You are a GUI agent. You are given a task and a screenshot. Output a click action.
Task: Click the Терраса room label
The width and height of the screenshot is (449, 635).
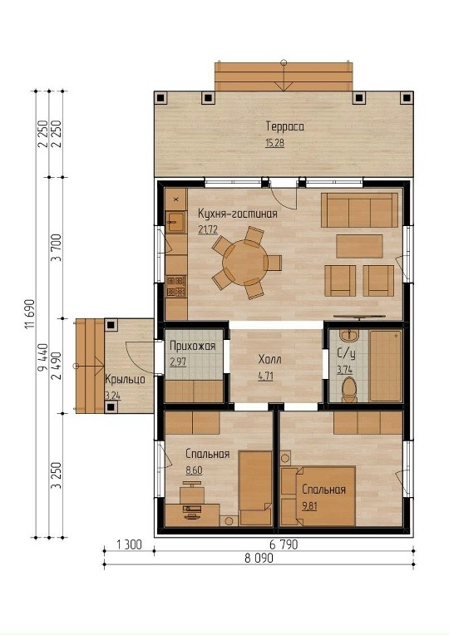click(x=285, y=126)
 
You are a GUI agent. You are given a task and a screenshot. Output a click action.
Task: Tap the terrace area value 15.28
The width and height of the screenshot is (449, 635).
click(x=274, y=143)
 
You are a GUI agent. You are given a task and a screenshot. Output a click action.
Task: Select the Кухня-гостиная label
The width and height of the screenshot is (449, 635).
click(x=238, y=214)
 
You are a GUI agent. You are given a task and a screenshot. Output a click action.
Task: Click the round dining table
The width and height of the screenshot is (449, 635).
click(x=244, y=262)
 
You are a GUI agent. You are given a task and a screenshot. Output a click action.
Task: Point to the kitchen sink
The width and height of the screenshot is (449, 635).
click(x=175, y=222)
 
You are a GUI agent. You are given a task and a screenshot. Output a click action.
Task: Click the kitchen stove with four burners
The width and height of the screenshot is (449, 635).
click(x=176, y=286)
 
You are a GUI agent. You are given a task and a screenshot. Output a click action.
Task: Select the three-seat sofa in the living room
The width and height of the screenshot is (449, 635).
click(x=359, y=210)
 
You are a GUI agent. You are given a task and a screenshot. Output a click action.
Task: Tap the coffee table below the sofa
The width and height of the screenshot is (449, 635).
click(x=359, y=246)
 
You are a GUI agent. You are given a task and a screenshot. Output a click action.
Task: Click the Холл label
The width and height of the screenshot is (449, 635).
click(x=270, y=359)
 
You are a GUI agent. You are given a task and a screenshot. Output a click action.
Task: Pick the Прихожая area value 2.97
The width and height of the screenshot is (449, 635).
click(x=178, y=362)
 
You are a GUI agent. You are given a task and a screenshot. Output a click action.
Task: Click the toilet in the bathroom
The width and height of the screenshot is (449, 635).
click(x=349, y=390)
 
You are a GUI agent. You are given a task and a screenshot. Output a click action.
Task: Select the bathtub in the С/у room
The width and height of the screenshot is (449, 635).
click(x=386, y=366)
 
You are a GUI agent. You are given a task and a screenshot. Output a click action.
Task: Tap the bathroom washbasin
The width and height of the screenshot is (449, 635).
click(x=348, y=336)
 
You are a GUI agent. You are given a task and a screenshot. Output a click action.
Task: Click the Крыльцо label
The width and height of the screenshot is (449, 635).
click(x=125, y=380)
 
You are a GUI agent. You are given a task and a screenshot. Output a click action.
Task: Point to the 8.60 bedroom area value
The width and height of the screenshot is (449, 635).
click(x=194, y=470)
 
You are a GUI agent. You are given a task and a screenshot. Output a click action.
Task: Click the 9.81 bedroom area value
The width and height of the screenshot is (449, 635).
click(x=309, y=506)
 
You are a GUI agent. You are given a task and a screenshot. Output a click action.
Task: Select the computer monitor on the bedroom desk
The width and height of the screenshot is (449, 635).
click(x=192, y=509)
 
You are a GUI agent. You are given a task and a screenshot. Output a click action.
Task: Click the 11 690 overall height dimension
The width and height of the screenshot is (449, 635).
click(x=30, y=314)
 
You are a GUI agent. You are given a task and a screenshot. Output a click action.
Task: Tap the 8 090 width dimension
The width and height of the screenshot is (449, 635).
click(x=259, y=559)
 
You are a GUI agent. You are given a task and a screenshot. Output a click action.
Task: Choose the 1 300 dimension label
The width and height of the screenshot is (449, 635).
click(x=129, y=545)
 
